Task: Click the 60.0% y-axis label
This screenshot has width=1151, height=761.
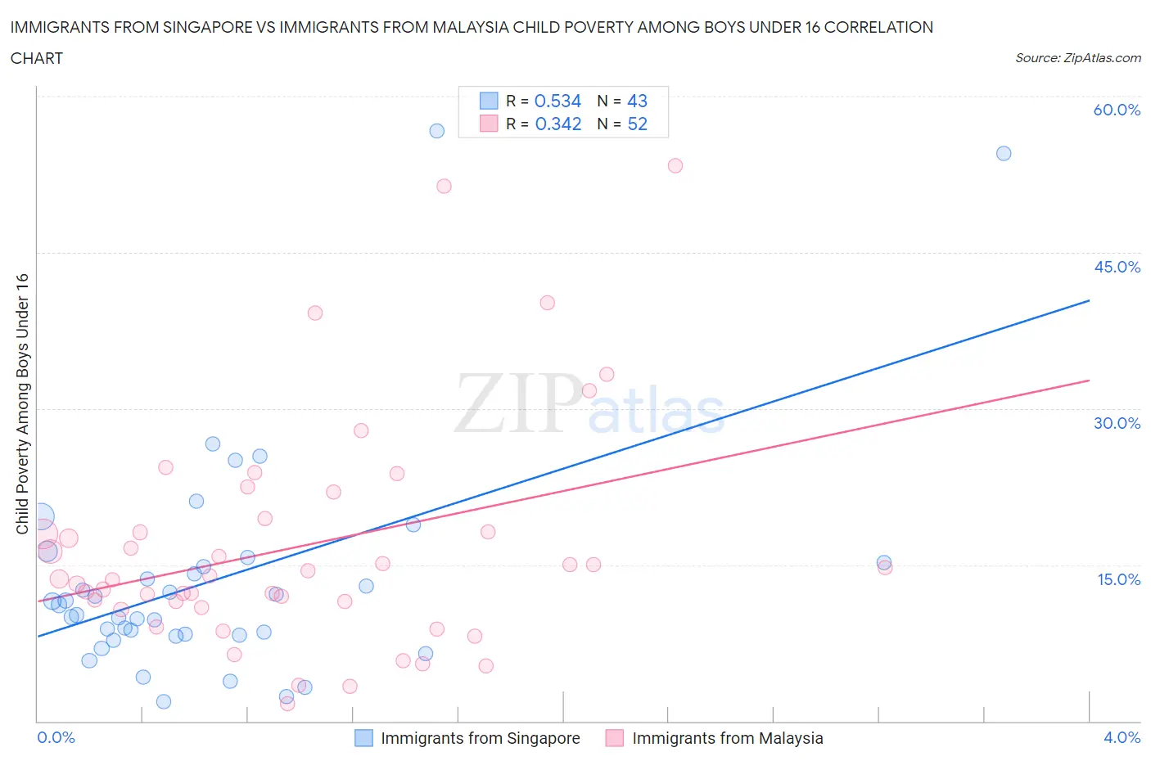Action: point(1117,110)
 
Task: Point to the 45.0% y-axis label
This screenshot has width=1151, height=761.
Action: point(1117,267)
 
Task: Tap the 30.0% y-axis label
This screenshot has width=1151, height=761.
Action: point(1117,423)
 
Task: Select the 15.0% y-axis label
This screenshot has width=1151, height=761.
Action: point(1118,579)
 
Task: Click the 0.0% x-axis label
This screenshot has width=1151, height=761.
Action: point(56,737)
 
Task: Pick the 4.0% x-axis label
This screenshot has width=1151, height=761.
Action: point(1122,737)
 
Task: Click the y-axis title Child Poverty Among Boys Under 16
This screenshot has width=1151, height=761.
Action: point(23,403)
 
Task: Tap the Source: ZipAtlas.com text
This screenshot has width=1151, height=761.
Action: point(1077,58)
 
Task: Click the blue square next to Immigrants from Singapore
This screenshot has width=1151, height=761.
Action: point(363,738)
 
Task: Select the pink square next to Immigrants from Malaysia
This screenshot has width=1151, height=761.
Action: point(614,738)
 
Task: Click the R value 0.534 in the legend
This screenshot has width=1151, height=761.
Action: point(557,101)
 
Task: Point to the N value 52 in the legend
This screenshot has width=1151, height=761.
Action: point(637,124)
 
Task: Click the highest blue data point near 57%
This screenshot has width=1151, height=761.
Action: point(436,131)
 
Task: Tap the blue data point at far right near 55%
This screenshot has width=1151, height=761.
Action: point(1004,153)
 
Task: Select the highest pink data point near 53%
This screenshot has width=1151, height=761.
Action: point(675,165)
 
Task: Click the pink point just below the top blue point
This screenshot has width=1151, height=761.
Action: point(444,186)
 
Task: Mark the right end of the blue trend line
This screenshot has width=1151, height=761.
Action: point(1089,300)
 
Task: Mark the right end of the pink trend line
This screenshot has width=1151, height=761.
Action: point(1089,380)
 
